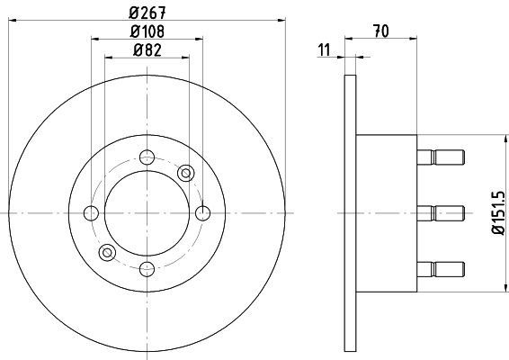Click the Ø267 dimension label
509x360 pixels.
(147, 11)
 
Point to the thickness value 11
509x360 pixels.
(324, 49)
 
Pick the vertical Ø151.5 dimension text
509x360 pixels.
(496, 212)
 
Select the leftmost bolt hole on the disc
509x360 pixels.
(91, 213)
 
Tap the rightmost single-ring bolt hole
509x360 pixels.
(202, 213)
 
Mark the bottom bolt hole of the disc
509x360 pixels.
(147, 267)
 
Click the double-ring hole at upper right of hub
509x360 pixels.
(186, 173)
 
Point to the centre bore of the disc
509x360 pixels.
(147, 213)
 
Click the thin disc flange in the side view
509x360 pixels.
(351, 213)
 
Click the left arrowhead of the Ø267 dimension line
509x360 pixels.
(13, 21)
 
